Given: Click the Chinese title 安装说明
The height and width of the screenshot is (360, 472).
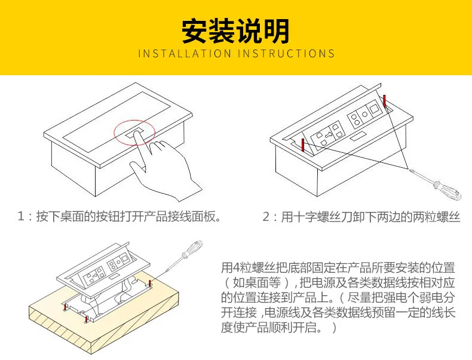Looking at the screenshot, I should pyautogui.click(x=235, y=30).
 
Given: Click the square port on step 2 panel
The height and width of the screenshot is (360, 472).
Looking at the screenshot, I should pyautogui.click(x=375, y=110).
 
